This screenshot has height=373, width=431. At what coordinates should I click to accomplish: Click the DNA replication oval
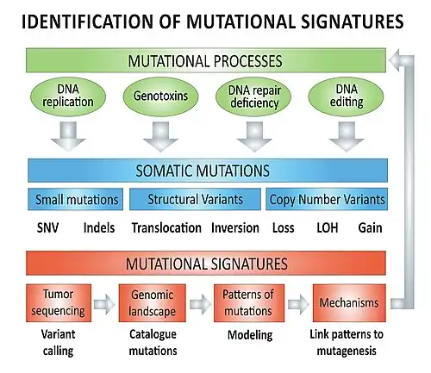pyautogui.click(x=68, y=96)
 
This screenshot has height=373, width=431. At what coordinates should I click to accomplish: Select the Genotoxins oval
pyautogui.click(x=160, y=96)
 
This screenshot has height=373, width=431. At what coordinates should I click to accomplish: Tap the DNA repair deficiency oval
pyautogui.click(x=253, y=96)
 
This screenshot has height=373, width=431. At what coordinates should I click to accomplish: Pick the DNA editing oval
pyautogui.click(x=346, y=96)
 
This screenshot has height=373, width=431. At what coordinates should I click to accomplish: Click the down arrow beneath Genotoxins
pyautogui.click(x=160, y=137)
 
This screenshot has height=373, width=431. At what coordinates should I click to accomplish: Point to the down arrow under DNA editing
pyautogui.click(x=347, y=137)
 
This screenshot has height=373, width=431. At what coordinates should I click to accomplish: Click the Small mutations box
pyautogui.click(x=76, y=199)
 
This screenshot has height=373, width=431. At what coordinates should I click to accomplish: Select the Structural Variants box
pyautogui.click(x=195, y=199)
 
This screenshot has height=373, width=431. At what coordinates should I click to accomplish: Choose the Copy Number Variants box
pyautogui.click(x=327, y=199)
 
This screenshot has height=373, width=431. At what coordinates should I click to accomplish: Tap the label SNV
pyautogui.click(x=47, y=228)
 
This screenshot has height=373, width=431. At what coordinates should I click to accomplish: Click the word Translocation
pyautogui.click(x=166, y=228)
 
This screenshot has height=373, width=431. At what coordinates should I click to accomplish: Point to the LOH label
pyautogui.click(x=328, y=228)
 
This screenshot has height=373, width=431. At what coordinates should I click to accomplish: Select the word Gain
pyautogui.click(x=370, y=228)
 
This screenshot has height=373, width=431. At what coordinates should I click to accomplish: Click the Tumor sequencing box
pyautogui.click(x=59, y=303)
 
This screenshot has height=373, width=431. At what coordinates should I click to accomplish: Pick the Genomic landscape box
pyautogui.click(x=153, y=303)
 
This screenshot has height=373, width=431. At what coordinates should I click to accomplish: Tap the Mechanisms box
pyautogui.click(x=349, y=303)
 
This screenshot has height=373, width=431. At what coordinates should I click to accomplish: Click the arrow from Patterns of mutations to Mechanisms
pyautogui.click(x=298, y=304)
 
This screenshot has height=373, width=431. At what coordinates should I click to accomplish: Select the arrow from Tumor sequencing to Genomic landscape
pyautogui.click(x=104, y=304)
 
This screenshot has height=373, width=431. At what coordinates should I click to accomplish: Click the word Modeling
pyautogui.click(x=250, y=335)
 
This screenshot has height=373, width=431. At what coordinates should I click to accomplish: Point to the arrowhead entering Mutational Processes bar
pyautogui.click(x=394, y=60)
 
